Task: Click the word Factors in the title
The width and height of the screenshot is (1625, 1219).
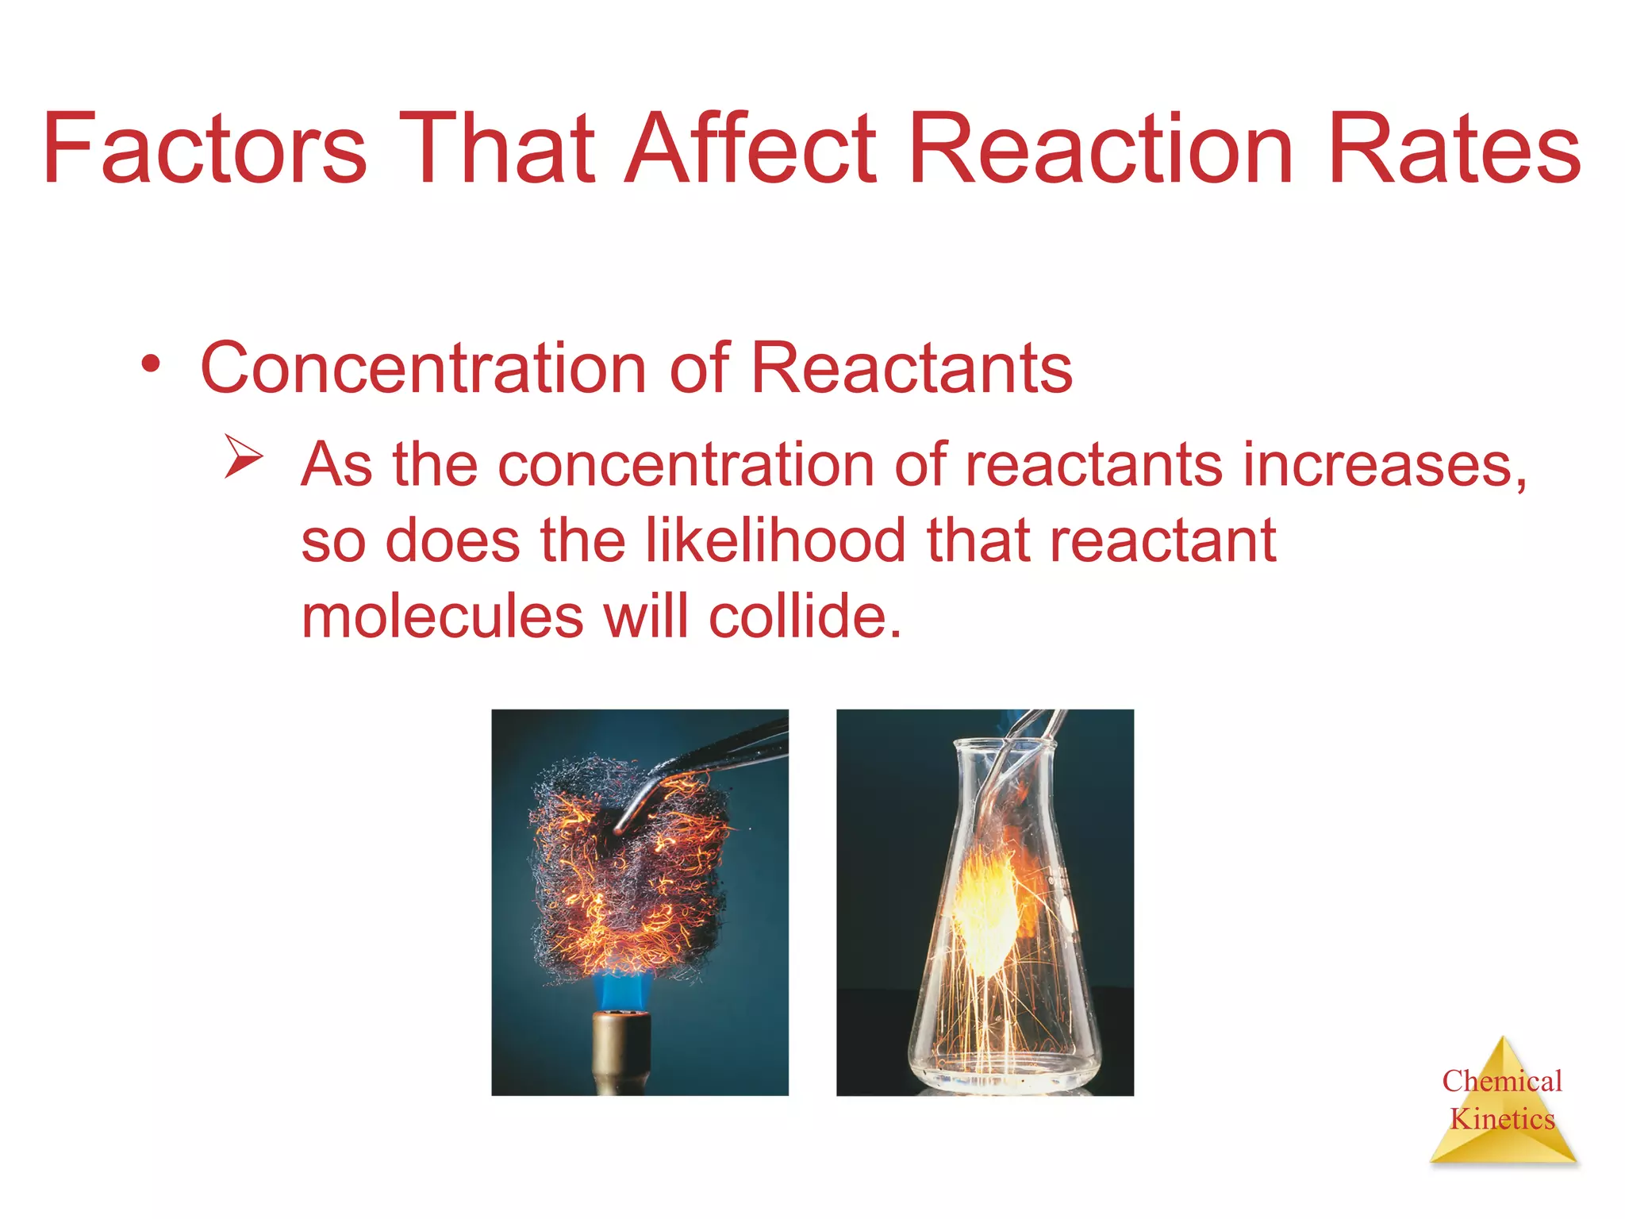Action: pyautogui.click(x=205, y=149)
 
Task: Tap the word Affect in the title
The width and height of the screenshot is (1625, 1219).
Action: pyautogui.click(x=750, y=149)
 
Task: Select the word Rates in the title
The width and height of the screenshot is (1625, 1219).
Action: pyautogui.click(x=1454, y=149)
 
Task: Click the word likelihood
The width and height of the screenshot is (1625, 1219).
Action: pyautogui.click(x=775, y=540)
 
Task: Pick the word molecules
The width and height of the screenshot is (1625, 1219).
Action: pyautogui.click(x=442, y=617)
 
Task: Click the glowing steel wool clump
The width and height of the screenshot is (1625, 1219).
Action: pyautogui.click(x=627, y=873)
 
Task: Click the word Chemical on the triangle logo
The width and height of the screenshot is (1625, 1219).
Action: pyautogui.click(x=1501, y=1081)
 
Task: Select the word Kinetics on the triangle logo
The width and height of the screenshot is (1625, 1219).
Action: pyautogui.click(x=1502, y=1119)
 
